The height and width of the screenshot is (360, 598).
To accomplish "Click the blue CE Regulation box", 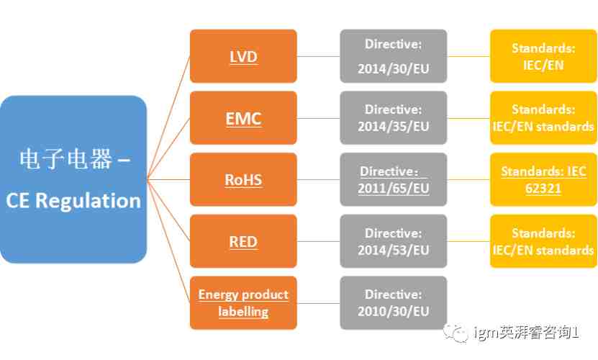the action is click(73, 179).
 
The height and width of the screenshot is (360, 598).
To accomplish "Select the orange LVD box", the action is click(243, 56).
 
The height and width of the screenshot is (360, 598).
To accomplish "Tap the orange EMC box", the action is click(243, 118).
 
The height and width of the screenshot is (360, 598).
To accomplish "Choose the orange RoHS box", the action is click(243, 179).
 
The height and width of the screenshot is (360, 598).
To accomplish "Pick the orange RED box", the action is click(243, 241).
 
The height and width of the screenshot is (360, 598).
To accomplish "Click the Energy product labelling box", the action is click(243, 302).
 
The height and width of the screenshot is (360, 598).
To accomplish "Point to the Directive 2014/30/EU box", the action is click(393, 56).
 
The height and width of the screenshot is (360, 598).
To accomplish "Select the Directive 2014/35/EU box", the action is click(393, 118).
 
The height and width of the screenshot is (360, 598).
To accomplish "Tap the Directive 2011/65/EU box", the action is click(393, 179).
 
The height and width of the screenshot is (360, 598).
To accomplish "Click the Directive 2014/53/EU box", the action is click(393, 241).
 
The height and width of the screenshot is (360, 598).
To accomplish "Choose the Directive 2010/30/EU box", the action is click(393, 302).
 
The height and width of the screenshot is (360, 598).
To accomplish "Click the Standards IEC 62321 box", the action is click(543, 179).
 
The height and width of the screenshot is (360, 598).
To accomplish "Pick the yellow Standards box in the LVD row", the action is click(543, 56).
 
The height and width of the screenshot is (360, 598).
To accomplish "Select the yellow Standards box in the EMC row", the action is click(543, 118).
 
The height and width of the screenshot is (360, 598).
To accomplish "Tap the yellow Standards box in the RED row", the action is click(543, 241).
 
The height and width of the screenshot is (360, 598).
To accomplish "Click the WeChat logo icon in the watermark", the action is click(456, 333).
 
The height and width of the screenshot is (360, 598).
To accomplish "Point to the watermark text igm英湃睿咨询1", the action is click(527, 333).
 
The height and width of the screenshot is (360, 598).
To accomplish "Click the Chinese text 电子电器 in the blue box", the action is click(66, 159).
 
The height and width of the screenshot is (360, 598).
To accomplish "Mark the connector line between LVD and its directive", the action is click(319, 56).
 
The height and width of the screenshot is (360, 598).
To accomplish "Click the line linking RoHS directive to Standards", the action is click(468, 179).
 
